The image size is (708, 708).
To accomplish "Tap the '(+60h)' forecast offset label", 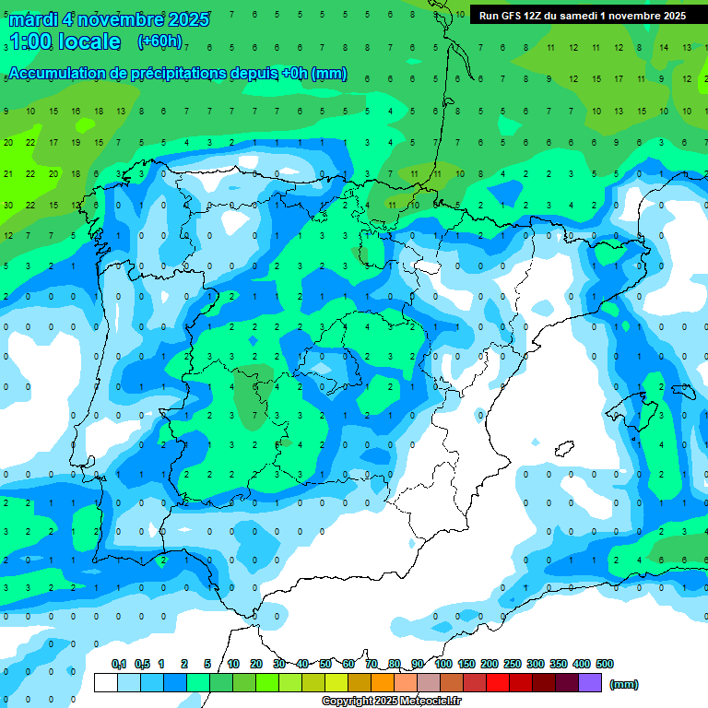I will click(159, 41).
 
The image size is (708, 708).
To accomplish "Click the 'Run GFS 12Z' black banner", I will click(582, 16).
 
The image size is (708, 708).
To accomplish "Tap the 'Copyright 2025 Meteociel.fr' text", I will click(392, 702).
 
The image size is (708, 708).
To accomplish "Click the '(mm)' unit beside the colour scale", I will click(624, 684).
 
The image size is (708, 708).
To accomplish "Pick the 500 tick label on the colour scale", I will click(604, 664).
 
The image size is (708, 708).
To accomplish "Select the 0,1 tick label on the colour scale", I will click(118, 664).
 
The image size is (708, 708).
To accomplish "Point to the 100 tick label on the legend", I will click(442, 664).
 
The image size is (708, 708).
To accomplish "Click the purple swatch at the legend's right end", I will click(590, 683).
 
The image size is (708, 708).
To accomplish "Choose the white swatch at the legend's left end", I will click(106, 683).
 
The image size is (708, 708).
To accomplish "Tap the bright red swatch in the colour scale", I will click(497, 683).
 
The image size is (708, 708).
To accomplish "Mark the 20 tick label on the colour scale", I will click(256, 664).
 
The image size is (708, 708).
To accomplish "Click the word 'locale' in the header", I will click(88, 41).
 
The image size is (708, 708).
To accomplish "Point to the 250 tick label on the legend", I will click(512, 664).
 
